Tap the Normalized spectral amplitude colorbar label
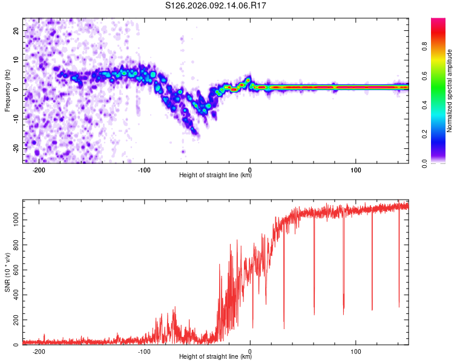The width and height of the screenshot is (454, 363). pyautogui.click(x=450, y=91)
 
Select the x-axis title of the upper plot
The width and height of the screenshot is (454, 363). pyautogui.click(x=215, y=175)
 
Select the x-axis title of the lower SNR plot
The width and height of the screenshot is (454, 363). pyautogui.click(x=215, y=357)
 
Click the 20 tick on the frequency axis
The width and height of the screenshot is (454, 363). pyautogui.click(x=15, y=30)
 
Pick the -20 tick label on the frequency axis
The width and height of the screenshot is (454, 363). pyautogui.click(x=14, y=148)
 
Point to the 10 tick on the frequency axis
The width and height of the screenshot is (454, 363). pyautogui.click(x=15, y=60)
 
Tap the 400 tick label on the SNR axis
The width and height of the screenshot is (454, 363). pyautogui.click(x=14, y=295)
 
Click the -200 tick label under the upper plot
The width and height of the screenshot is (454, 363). pyautogui.click(x=39, y=169)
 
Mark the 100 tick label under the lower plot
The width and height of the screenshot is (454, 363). pyautogui.click(x=356, y=351)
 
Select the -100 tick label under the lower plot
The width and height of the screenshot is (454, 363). pyautogui.click(x=144, y=351)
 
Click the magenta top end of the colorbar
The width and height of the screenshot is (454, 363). pyautogui.click(x=438, y=22)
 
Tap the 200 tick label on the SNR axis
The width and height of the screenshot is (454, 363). pyautogui.click(x=14, y=320)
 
